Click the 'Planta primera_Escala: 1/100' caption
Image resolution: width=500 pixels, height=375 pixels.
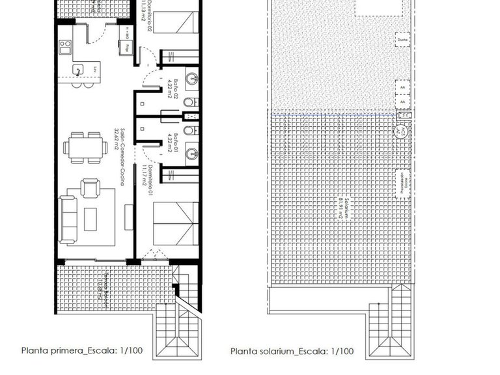tap(82, 350)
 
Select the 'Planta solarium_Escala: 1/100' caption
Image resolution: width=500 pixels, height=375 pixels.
tap(292, 351)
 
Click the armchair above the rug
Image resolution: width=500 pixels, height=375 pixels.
tap(90, 188)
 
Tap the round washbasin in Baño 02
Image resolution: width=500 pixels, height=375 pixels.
tap(190, 80)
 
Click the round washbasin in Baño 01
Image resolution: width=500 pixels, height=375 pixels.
tap(190, 154)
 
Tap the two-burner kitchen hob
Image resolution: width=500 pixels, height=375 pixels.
tap(65, 46)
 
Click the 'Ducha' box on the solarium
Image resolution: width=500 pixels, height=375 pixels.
tap(401, 41)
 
